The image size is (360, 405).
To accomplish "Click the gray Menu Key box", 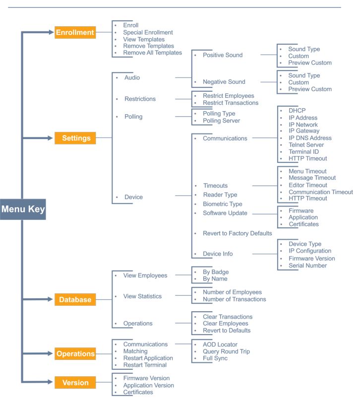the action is click(23, 209).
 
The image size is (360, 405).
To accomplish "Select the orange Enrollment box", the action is click(75, 32).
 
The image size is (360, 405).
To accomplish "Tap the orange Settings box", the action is click(75, 138).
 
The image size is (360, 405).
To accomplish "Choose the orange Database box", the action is click(75, 299).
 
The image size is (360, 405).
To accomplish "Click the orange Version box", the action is click(75, 383).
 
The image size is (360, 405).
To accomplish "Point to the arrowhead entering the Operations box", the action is click(51, 353).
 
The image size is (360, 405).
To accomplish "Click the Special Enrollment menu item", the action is click(148, 32).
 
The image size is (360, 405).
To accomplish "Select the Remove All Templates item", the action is click(153, 53).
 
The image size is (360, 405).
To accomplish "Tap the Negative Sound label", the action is click(224, 82).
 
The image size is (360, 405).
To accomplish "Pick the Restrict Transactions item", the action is click(231, 103).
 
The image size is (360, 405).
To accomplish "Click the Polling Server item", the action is click(222, 121).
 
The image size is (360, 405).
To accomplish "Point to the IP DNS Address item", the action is click(310, 138).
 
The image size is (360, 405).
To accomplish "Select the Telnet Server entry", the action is click(306, 145).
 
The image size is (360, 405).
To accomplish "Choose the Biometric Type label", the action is click(223, 204).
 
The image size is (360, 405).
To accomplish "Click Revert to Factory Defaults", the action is click(238, 233).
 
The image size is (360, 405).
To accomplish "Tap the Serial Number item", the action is click(307, 266).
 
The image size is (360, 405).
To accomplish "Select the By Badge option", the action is click(216, 272).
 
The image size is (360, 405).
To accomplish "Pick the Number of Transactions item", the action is click(235, 299).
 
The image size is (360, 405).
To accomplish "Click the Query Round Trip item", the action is click(226, 351).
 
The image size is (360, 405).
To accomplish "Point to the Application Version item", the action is click(149, 385).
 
